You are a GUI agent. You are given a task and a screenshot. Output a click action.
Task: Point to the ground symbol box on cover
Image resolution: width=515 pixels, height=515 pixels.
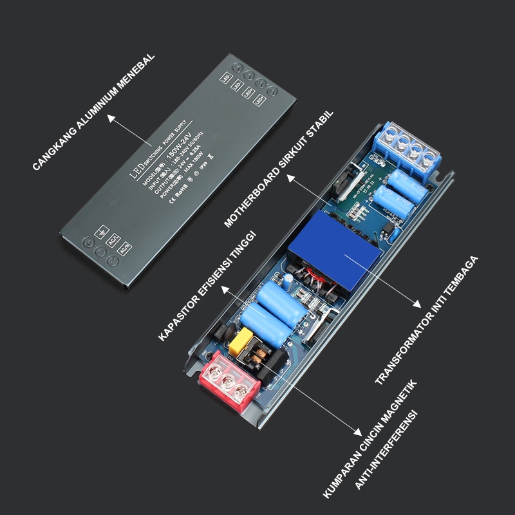click(101, 232)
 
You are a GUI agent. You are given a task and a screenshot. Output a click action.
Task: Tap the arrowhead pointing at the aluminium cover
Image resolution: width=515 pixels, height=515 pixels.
click(110, 118)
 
